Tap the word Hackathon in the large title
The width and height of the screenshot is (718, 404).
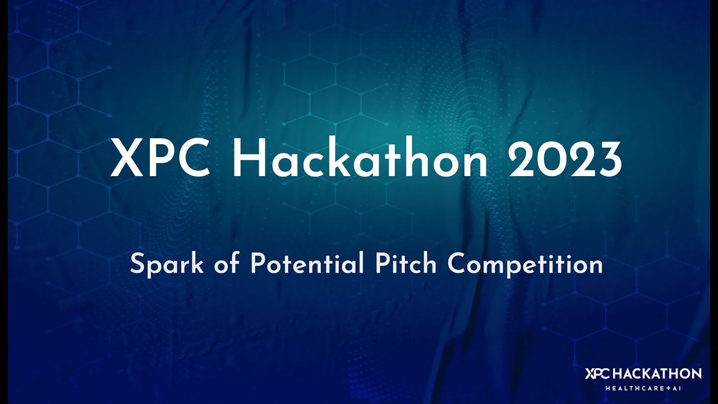[x=360, y=159]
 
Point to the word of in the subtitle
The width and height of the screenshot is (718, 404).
[x=227, y=264]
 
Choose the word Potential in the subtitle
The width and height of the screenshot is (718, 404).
[x=306, y=264]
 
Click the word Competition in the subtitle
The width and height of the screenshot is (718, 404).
[x=525, y=264]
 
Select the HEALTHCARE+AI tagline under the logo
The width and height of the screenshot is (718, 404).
[x=643, y=388]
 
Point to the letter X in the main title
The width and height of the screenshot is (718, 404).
[x=124, y=159]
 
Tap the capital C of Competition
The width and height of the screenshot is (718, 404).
[x=457, y=264]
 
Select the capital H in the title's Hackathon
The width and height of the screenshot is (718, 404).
[x=248, y=159]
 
